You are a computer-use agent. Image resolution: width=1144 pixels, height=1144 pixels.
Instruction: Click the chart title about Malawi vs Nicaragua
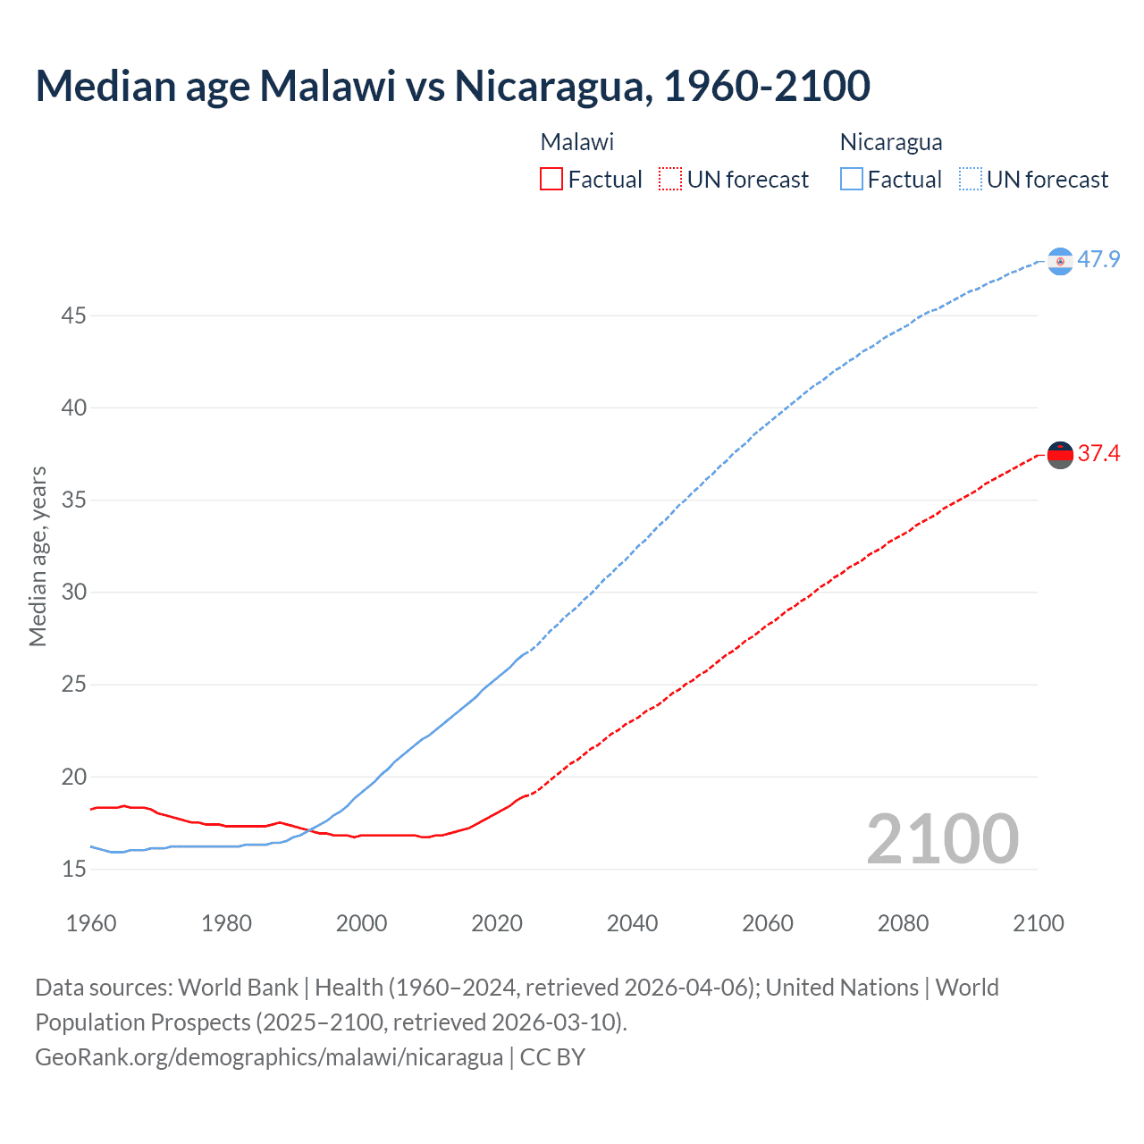pyautogui.click(x=452, y=87)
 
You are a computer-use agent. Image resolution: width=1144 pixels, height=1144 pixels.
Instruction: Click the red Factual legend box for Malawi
pyautogui.click(x=551, y=180)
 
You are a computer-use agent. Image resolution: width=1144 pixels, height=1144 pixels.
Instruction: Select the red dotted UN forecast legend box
pyautogui.click(x=670, y=180)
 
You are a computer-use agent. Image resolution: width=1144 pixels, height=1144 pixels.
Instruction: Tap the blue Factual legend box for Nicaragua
pyautogui.click(x=852, y=180)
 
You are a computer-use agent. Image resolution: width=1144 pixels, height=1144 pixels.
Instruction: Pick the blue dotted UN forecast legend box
pyautogui.click(x=971, y=180)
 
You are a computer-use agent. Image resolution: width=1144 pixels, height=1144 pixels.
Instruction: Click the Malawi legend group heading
pyautogui.click(x=577, y=142)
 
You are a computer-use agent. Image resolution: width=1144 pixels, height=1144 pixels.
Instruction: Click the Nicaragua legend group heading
pyautogui.click(x=891, y=142)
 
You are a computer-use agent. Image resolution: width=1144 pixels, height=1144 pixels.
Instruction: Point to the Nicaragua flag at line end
pyautogui.click(x=1060, y=261)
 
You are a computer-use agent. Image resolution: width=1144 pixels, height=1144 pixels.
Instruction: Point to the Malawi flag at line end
pyautogui.click(x=1060, y=455)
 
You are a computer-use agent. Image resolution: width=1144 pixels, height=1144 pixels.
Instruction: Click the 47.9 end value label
pyautogui.click(x=1098, y=260)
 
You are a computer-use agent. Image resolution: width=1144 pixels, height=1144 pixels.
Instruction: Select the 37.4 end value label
pyautogui.click(x=1098, y=454)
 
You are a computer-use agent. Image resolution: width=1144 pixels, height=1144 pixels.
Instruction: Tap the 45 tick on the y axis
pyautogui.click(x=74, y=316)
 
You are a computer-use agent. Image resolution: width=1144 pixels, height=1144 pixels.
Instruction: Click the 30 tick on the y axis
pyautogui.click(x=74, y=593)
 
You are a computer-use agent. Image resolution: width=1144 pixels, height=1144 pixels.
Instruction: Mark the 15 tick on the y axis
pyautogui.click(x=74, y=869)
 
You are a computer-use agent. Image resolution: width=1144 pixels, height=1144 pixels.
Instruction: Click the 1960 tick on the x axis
pyautogui.click(x=91, y=923)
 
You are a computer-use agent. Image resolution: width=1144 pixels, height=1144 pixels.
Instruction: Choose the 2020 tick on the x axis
pyautogui.click(x=497, y=923)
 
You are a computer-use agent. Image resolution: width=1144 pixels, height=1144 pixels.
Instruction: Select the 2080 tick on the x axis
pyautogui.click(x=903, y=923)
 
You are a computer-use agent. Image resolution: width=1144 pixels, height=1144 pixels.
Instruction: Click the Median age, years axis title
pyautogui.click(x=38, y=556)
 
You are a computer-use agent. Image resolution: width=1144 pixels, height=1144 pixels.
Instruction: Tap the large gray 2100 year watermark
pyautogui.click(x=942, y=839)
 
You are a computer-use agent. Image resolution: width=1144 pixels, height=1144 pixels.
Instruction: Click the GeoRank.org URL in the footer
pyautogui.click(x=269, y=1057)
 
